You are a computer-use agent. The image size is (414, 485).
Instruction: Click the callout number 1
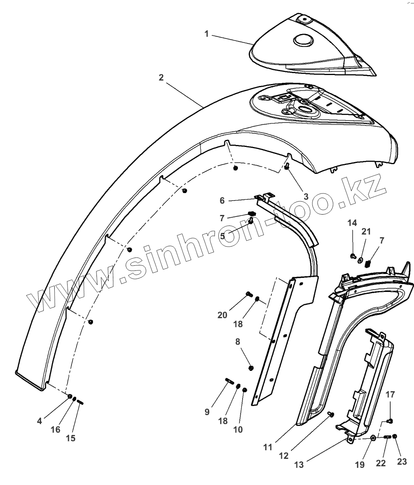(207, 34)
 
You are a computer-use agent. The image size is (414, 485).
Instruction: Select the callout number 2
(161, 77)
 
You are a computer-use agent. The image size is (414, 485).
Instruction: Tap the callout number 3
(306, 196)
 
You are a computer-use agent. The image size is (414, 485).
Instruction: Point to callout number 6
(222, 200)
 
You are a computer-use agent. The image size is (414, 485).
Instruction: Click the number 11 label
(268, 447)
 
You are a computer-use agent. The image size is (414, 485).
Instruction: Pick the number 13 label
(300, 465)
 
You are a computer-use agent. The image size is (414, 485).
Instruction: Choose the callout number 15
(70, 438)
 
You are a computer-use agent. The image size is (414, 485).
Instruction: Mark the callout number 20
(223, 315)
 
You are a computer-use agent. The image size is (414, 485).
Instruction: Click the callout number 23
(402, 461)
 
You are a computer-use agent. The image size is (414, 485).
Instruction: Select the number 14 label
(352, 223)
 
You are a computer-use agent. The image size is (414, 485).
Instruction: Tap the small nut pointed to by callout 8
(251, 367)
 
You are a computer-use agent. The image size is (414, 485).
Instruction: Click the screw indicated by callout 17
(389, 421)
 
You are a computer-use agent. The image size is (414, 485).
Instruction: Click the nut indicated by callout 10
(245, 390)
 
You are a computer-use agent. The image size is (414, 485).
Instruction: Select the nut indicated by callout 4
(70, 396)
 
